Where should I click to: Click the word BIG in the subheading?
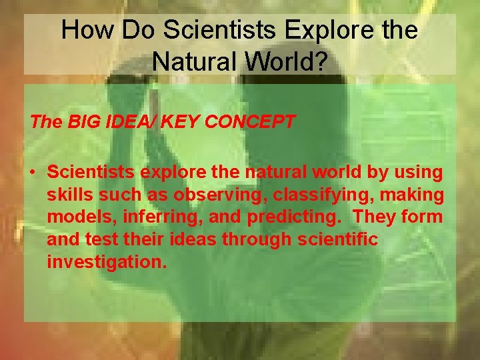85,121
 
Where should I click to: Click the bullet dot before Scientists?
33,173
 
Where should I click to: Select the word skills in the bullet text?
67,195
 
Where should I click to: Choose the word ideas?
181,239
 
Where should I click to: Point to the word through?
249,239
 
